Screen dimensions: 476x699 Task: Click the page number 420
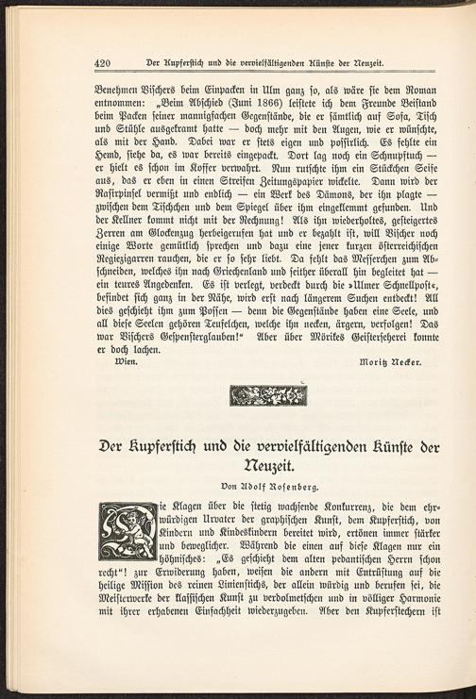[107, 63]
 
